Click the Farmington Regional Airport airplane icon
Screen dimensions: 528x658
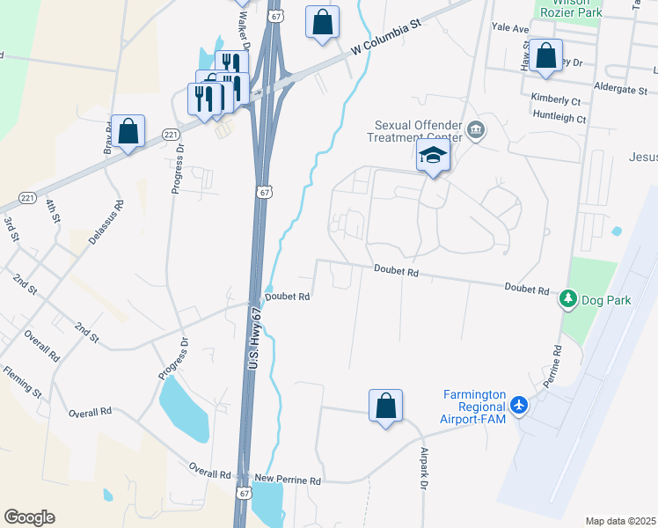click(x=519, y=406)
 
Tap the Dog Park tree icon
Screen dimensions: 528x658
click(x=569, y=300)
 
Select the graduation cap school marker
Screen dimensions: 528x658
click(x=433, y=157)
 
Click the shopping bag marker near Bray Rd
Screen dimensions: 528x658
click(x=128, y=131)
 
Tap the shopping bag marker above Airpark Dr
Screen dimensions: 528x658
click(x=385, y=407)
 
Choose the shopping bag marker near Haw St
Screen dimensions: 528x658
click(x=546, y=56)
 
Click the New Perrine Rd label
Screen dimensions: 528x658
click(x=288, y=480)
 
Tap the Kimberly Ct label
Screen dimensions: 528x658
click(x=555, y=99)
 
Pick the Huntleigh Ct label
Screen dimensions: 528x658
click(x=559, y=117)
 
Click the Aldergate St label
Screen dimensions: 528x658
click(x=620, y=90)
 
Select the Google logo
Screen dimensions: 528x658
click(x=29, y=517)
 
